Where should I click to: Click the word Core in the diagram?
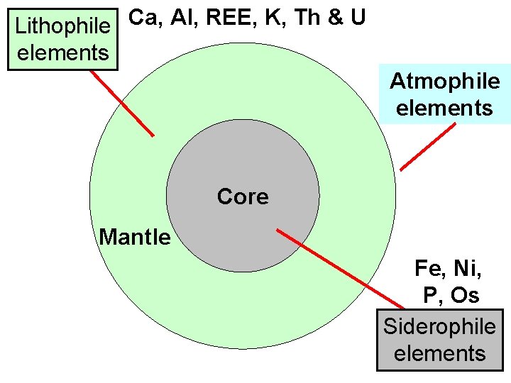click(x=243, y=196)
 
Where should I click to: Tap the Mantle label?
click(x=135, y=237)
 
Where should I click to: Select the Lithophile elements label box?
click(x=62, y=40)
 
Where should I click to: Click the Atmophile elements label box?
click(x=444, y=94)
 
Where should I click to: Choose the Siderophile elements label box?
click(x=439, y=340)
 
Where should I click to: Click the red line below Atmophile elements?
click(x=427, y=147)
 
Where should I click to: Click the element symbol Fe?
click(x=428, y=268)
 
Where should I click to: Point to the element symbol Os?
click(x=466, y=294)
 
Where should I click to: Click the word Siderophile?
click(x=439, y=327)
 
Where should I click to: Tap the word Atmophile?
click(x=444, y=82)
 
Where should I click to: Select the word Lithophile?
click(x=62, y=27)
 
